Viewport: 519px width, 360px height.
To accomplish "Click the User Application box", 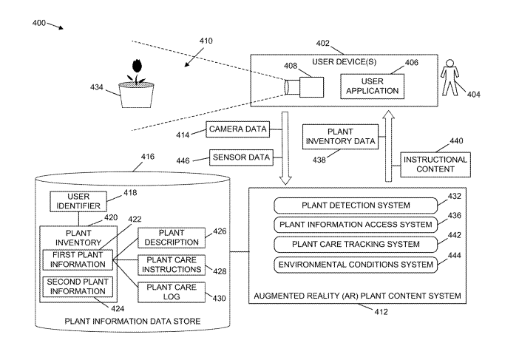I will [x=373, y=86].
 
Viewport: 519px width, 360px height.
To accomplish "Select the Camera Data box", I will [x=237, y=129].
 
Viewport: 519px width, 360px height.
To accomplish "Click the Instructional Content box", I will [x=435, y=164].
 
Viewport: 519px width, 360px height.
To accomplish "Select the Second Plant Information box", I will [x=78, y=286].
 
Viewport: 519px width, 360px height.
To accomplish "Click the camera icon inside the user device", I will [x=302, y=86].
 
